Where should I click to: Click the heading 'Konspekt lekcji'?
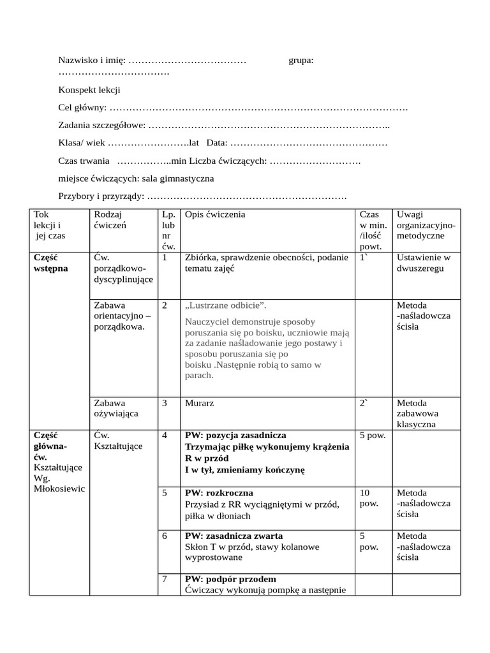[89, 91]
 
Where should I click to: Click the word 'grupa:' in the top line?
[301, 61]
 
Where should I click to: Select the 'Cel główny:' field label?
[82, 108]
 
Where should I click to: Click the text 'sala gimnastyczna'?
[182, 179]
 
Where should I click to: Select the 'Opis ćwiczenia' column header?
[215, 215]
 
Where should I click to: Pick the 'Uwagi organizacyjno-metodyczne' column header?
[425, 225]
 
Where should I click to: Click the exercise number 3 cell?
[165, 403]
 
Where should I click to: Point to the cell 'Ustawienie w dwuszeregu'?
[423, 263]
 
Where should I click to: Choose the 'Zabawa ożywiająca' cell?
[109, 408]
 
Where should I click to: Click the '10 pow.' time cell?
[369, 498]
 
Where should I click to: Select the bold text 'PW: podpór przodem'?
[230, 579]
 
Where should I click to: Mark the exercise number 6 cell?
[165, 536]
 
